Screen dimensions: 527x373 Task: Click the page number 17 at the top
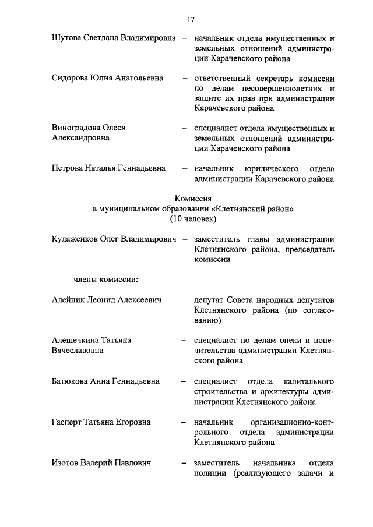[191, 20]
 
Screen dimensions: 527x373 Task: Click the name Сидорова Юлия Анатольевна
[107, 77]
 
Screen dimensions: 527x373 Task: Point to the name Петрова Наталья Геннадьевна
[108, 168]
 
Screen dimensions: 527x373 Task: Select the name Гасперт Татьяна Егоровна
[101, 422]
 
